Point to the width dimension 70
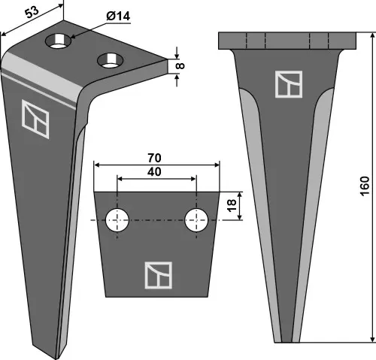156,159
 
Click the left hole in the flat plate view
116,220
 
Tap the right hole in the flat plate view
196,220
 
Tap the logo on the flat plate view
157,274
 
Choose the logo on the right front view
287,84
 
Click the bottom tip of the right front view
288,339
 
